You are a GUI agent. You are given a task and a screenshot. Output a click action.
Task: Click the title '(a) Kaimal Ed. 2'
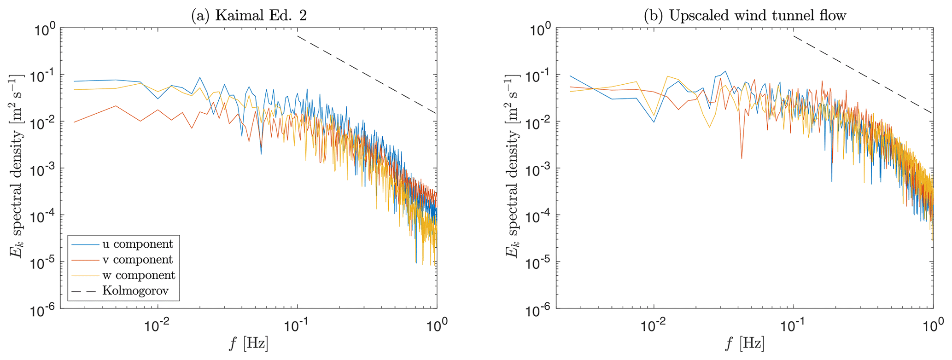(249, 16)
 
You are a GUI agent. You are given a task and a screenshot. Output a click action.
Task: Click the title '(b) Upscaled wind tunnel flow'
(745, 16)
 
